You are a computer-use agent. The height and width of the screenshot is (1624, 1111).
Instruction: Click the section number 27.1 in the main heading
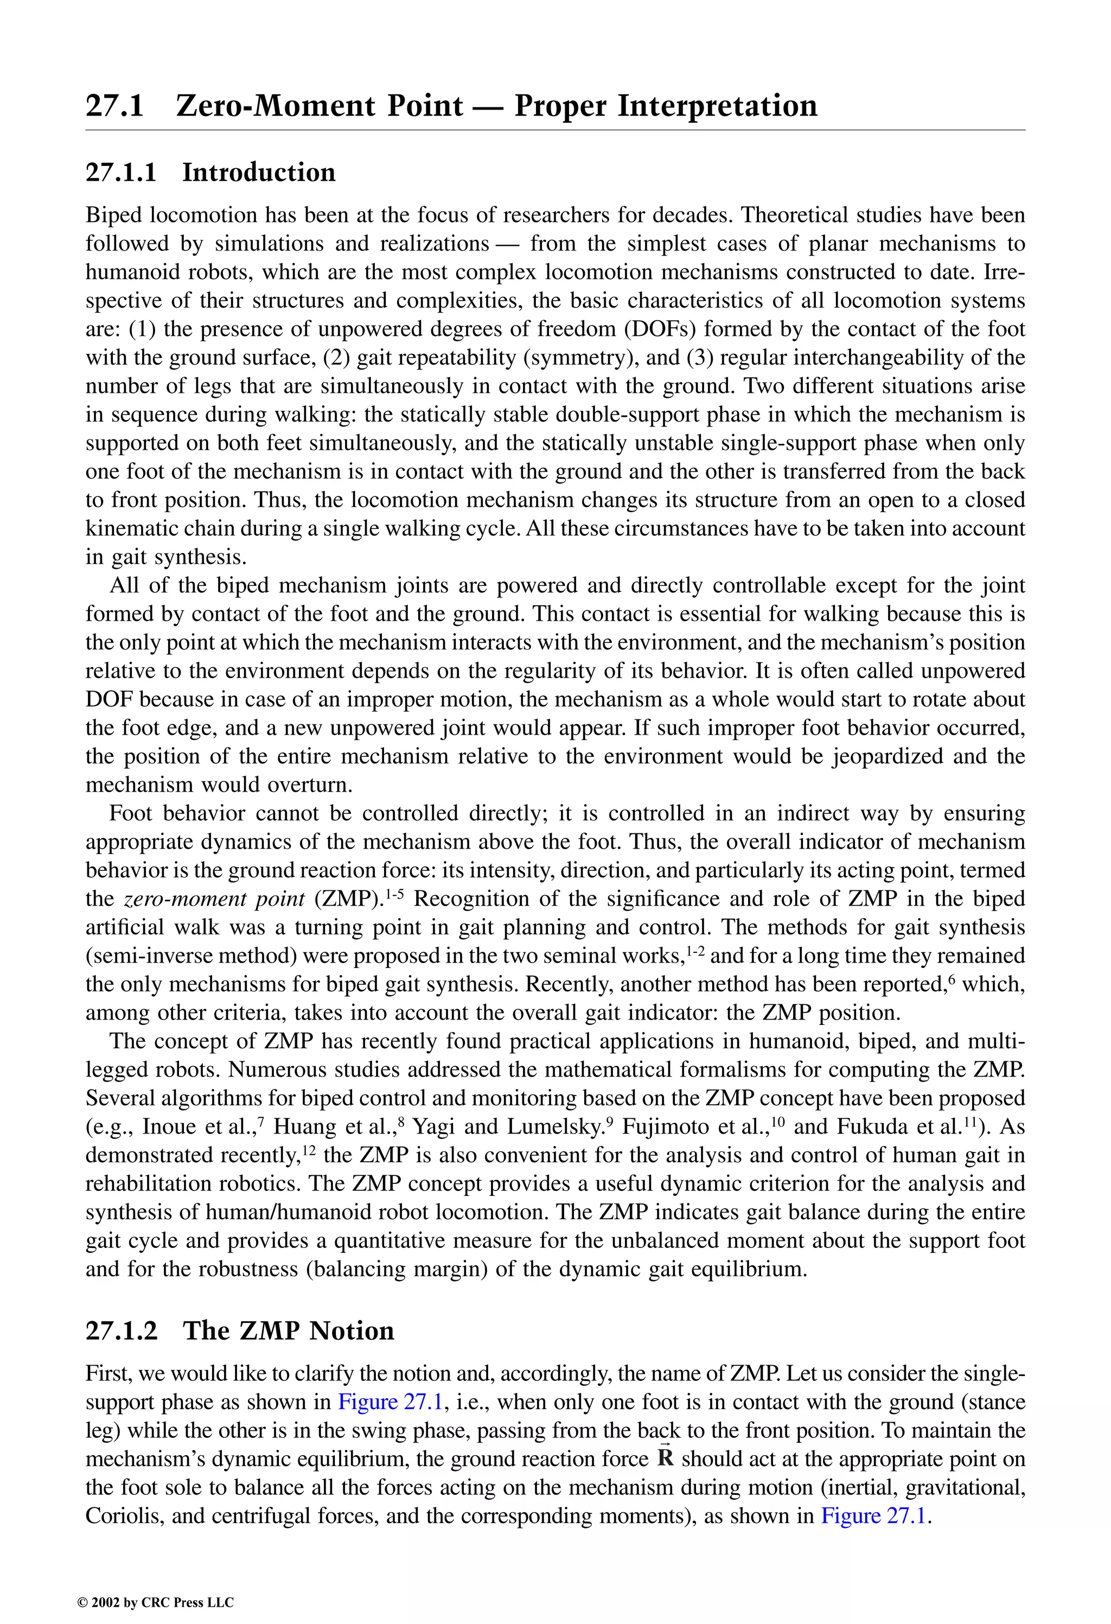[114, 106]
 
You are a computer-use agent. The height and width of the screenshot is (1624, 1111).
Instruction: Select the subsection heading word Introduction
[259, 173]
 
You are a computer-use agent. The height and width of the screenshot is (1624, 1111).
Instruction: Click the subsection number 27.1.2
[122, 1330]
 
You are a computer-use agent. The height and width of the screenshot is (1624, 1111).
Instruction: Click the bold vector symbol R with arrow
[665, 1459]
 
